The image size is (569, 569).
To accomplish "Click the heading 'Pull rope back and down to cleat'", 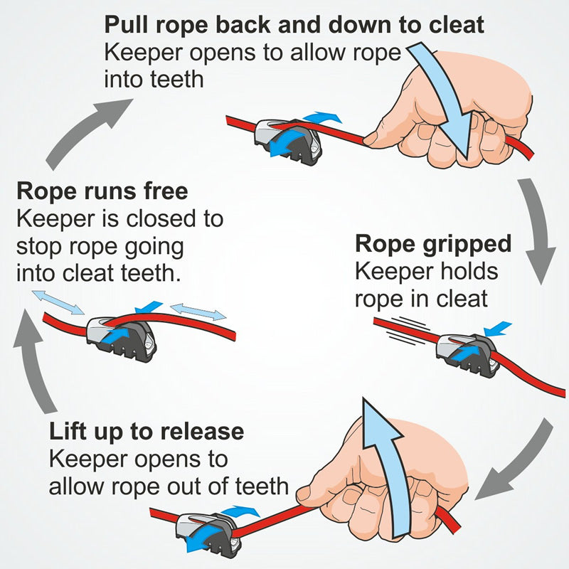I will [x=294, y=25].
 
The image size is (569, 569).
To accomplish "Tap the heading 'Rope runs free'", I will [x=102, y=191].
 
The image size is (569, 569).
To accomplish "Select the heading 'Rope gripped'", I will [x=433, y=244].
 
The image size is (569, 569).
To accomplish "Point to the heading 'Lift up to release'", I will [x=147, y=431].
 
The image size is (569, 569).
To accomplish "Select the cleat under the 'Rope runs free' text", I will [x=118, y=334].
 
